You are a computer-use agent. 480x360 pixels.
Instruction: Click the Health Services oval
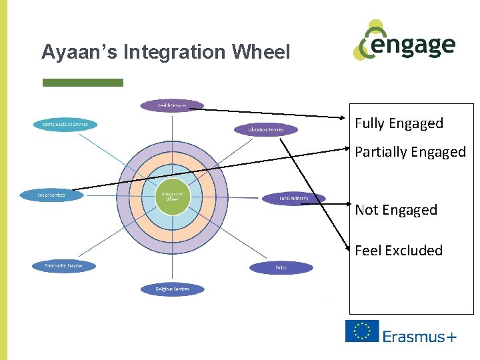tap(172, 105)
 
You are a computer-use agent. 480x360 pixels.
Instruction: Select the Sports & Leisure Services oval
tap(65, 125)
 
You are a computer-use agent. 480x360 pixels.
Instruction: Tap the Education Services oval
tap(265, 129)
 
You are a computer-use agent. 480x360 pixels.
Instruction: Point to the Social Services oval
tap(51, 195)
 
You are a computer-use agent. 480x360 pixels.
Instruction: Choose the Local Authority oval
tap(293, 199)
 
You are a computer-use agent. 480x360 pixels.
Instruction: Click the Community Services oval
tap(64, 266)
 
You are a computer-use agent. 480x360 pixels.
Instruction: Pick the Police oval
tap(281, 268)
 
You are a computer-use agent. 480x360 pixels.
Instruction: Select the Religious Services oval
tap(172, 289)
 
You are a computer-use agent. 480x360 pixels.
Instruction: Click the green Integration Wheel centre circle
tap(172, 197)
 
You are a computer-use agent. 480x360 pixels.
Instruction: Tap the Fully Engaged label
tap(399, 123)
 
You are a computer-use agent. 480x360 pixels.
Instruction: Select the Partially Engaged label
tap(410, 152)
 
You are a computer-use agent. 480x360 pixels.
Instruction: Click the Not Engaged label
tap(396, 210)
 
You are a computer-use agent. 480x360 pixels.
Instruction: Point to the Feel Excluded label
tap(399, 251)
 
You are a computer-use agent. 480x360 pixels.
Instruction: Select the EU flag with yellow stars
tap(362, 331)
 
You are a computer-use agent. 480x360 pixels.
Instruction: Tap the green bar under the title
tap(83, 83)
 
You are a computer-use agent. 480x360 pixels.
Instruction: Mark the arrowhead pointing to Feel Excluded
tap(348, 249)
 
